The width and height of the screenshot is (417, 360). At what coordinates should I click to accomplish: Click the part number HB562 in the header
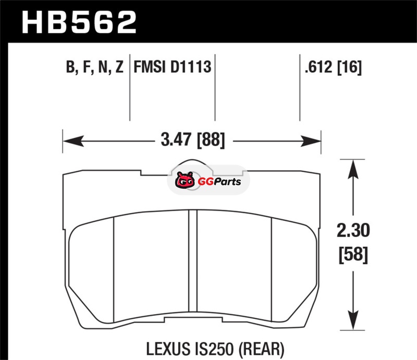(79, 22)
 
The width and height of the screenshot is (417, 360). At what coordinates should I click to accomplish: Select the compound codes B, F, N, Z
(95, 67)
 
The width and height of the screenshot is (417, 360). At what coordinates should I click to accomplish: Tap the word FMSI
(150, 67)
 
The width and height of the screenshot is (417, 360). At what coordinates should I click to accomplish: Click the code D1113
(191, 67)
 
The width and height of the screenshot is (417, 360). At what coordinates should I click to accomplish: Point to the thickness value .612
(318, 67)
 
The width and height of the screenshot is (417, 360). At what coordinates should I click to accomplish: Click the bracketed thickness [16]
(349, 67)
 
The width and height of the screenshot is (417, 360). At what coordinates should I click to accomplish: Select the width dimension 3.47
(176, 139)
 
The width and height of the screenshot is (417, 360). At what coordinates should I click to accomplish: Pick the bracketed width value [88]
(211, 140)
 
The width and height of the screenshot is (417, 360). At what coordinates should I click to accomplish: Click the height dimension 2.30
(353, 230)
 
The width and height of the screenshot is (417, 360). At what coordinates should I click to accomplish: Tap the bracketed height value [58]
(353, 255)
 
